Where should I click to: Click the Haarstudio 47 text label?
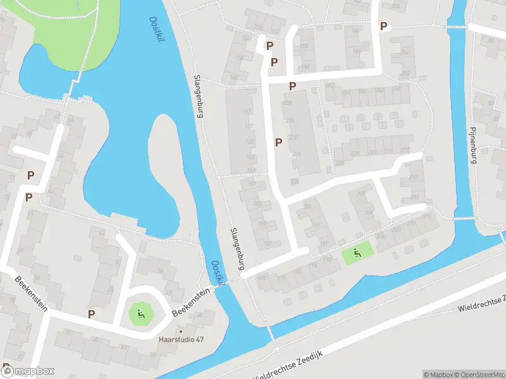[x=181, y=339]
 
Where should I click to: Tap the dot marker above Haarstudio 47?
[x=181, y=330]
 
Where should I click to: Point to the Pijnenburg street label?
[x=472, y=147]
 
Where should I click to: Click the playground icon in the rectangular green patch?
[x=357, y=254]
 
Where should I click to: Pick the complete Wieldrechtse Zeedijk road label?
[x=288, y=365]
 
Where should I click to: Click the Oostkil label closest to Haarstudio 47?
[x=216, y=274]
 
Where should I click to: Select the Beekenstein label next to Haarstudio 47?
[x=190, y=303]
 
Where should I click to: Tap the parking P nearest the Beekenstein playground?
[x=91, y=314]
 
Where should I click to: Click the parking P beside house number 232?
[x=278, y=142]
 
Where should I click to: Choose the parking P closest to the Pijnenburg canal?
[x=383, y=27]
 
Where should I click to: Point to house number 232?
[x=293, y=138]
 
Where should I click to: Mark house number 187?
[x=268, y=243]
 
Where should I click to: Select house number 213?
[x=414, y=177]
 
